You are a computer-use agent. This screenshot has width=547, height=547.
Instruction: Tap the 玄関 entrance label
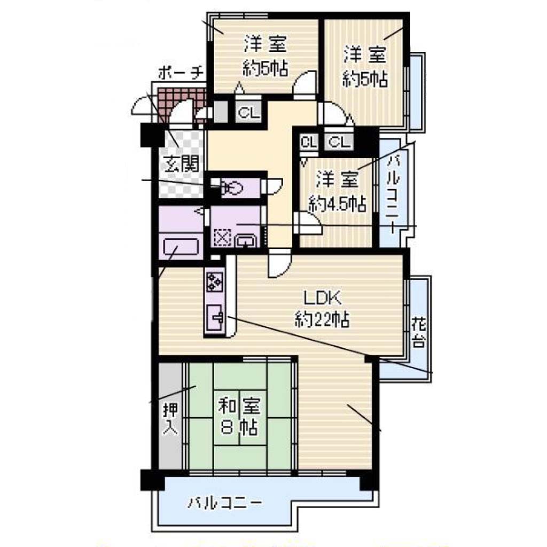point(181,163)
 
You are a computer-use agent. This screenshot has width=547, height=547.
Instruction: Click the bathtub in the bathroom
point(181,246)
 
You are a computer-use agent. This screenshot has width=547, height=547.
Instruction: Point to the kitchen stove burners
point(215,282)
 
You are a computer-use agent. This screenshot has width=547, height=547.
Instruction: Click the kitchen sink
point(215,317)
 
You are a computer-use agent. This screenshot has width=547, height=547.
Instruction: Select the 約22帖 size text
point(322,319)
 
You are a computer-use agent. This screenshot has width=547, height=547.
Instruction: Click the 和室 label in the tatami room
point(239,407)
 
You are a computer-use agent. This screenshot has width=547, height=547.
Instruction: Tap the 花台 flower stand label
point(418,331)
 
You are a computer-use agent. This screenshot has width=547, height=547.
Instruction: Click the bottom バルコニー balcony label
point(225,503)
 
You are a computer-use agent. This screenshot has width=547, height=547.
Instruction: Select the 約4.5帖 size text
point(338,204)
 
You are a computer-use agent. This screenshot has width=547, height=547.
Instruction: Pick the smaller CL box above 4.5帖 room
point(309,142)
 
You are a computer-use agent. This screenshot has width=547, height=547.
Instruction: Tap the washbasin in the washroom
point(246,240)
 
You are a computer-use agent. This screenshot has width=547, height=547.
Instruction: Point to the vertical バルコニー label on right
point(394,192)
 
